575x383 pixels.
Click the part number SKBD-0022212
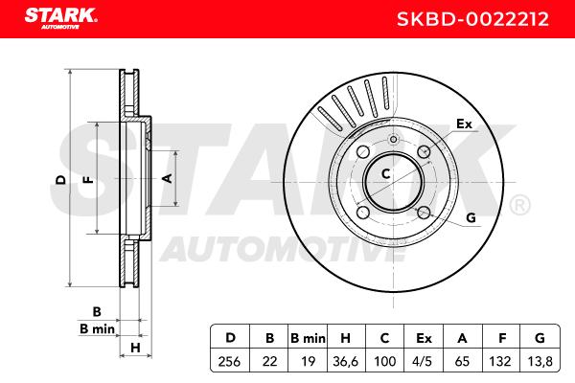(x=472, y=19)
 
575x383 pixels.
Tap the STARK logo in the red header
(x=61, y=18)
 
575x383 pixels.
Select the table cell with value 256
(x=230, y=361)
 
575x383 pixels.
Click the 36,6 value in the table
(x=345, y=361)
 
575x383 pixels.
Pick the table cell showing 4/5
(x=423, y=361)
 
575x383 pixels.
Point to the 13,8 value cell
(x=540, y=361)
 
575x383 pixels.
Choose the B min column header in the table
(x=308, y=338)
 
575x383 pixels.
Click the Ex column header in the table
(x=424, y=338)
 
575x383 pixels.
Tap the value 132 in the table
(x=500, y=361)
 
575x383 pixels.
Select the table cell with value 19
(x=308, y=361)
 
